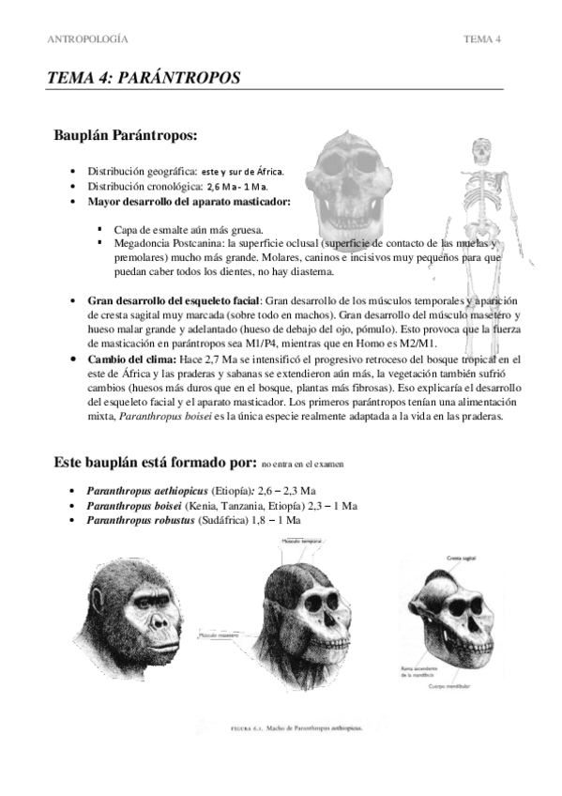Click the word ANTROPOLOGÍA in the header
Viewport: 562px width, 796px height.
(87, 38)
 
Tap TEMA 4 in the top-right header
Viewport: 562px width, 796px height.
(482, 38)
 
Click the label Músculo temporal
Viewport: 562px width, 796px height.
(300, 542)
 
